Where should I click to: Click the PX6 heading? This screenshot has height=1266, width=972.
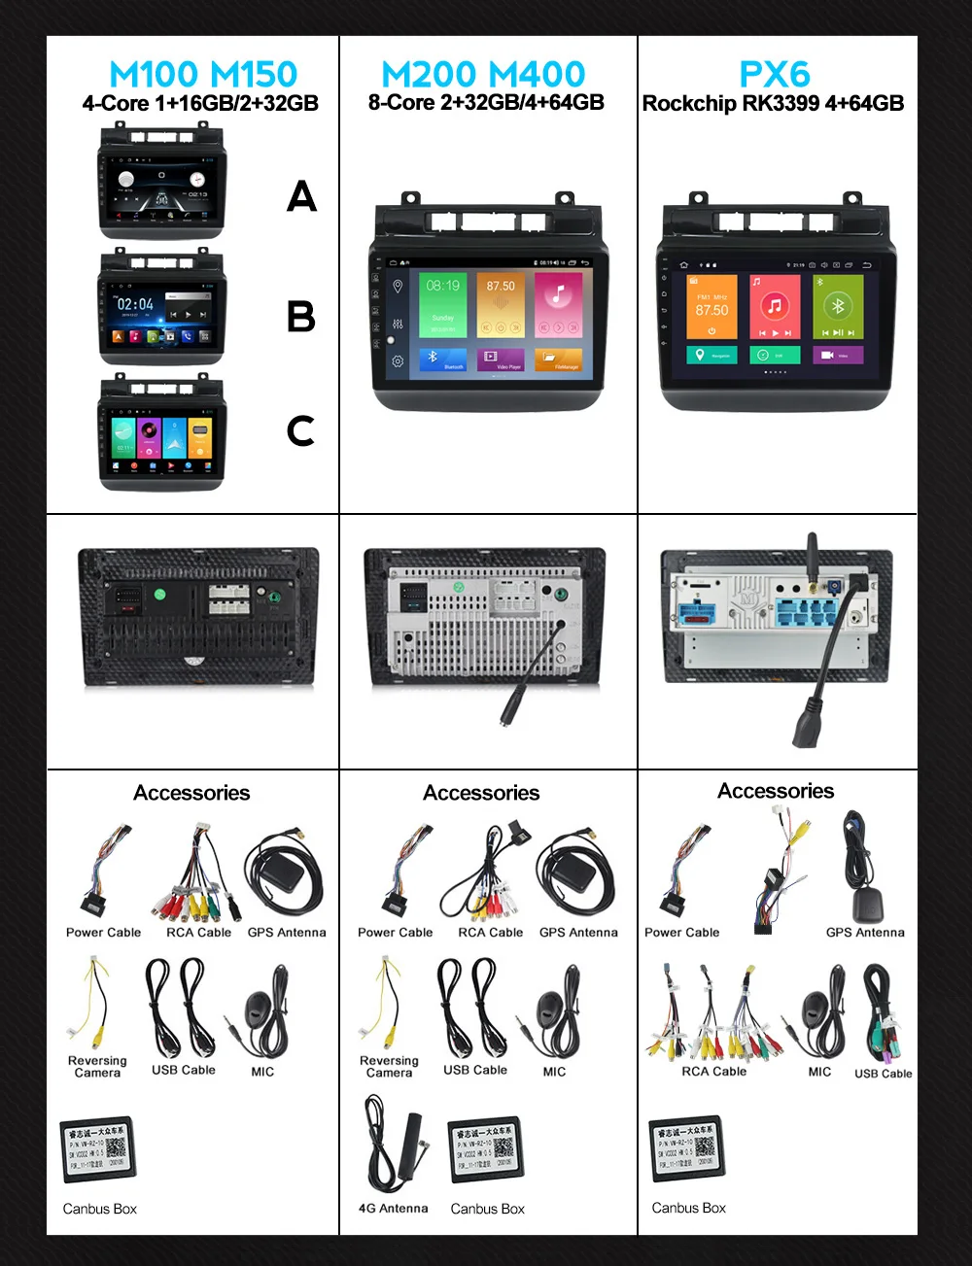point(775,74)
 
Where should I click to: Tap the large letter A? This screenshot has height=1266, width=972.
point(301,196)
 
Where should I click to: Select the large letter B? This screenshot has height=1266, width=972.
point(301,317)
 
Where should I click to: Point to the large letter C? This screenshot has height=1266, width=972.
point(300,430)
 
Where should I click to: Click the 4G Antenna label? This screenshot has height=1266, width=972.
point(393,1209)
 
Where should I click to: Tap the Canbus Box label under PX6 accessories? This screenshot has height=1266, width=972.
point(688,1208)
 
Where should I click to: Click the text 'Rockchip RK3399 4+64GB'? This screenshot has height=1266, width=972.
point(773,103)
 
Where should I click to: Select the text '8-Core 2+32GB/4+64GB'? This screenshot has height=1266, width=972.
point(486,102)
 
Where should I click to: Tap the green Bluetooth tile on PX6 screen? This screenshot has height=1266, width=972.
point(838,307)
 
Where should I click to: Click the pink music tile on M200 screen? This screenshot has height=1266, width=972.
point(558,304)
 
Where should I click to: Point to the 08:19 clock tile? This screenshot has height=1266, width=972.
point(442,304)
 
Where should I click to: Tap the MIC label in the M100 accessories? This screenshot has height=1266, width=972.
point(262,1072)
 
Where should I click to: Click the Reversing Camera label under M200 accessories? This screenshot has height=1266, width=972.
point(389,1067)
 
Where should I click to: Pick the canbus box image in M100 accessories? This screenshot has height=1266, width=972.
point(97,1149)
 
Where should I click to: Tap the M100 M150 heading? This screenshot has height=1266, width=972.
point(203,74)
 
